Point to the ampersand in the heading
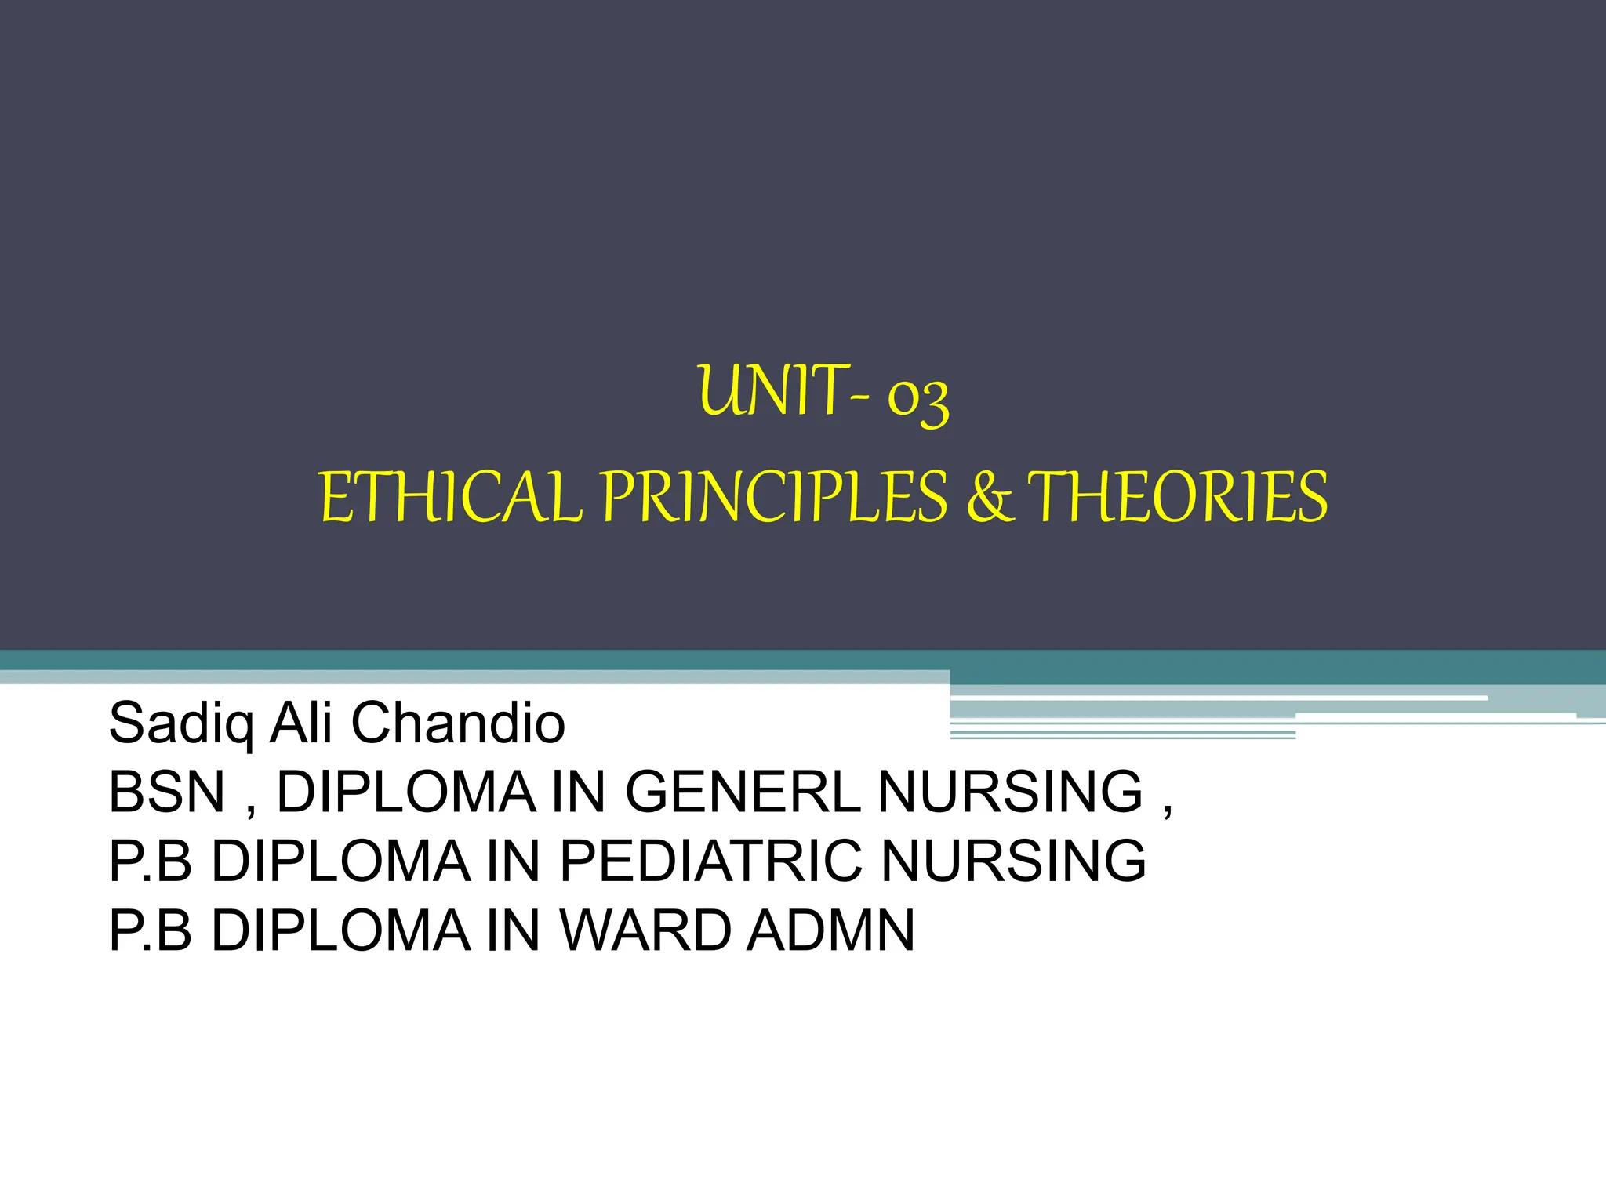pyautogui.click(x=990, y=499)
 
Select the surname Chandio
pyautogui.click(x=458, y=723)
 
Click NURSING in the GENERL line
pyautogui.click(x=1010, y=792)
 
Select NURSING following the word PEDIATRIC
pyautogui.click(x=1013, y=861)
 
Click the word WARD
pyautogui.click(x=645, y=930)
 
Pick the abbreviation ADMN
pyautogui.click(x=830, y=930)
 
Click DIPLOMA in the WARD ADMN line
pyautogui.click(x=341, y=930)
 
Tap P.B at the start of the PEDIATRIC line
pyautogui.click(x=151, y=861)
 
